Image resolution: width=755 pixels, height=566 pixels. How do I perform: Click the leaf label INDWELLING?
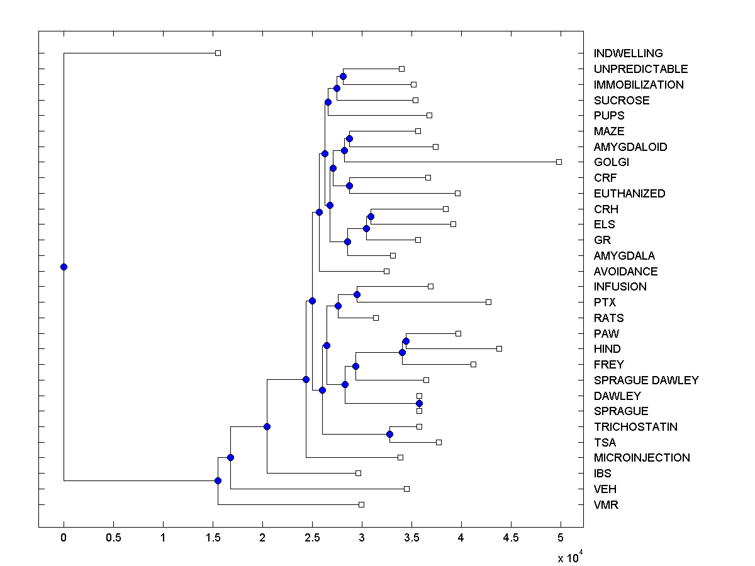(628, 53)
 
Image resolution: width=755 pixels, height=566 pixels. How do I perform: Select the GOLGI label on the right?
(611, 162)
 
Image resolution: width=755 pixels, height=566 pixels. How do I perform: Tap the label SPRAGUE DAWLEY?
(646, 380)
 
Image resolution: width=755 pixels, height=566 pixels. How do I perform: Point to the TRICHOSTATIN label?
(635, 427)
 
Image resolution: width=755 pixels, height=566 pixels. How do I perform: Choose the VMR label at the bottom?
(606, 504)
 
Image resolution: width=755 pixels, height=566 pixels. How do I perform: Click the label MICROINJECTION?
(642, 458)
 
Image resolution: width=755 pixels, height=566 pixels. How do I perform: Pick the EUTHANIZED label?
(629, 194)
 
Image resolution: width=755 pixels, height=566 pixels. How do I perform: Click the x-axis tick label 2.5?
(312, 537)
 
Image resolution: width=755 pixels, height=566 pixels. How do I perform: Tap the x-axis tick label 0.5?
(113, 537)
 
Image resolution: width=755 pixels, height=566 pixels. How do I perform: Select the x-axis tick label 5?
(561, 537)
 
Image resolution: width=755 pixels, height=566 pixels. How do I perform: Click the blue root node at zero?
(64, 267)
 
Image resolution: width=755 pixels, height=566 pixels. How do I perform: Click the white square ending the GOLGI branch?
(559, 162)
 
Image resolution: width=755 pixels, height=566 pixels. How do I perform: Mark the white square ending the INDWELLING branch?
(218, 53)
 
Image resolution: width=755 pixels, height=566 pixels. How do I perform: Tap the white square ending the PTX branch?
(488, 302)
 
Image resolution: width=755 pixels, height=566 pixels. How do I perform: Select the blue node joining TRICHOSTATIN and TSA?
(389, 434)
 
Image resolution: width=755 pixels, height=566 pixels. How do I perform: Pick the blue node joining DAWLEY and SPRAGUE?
(419, 403)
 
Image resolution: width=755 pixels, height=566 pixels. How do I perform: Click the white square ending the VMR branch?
(361, 504)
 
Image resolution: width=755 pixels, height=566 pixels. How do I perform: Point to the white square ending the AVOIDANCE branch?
(386, 271)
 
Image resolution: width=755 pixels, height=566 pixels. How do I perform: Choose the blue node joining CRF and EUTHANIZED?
(349, 186)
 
